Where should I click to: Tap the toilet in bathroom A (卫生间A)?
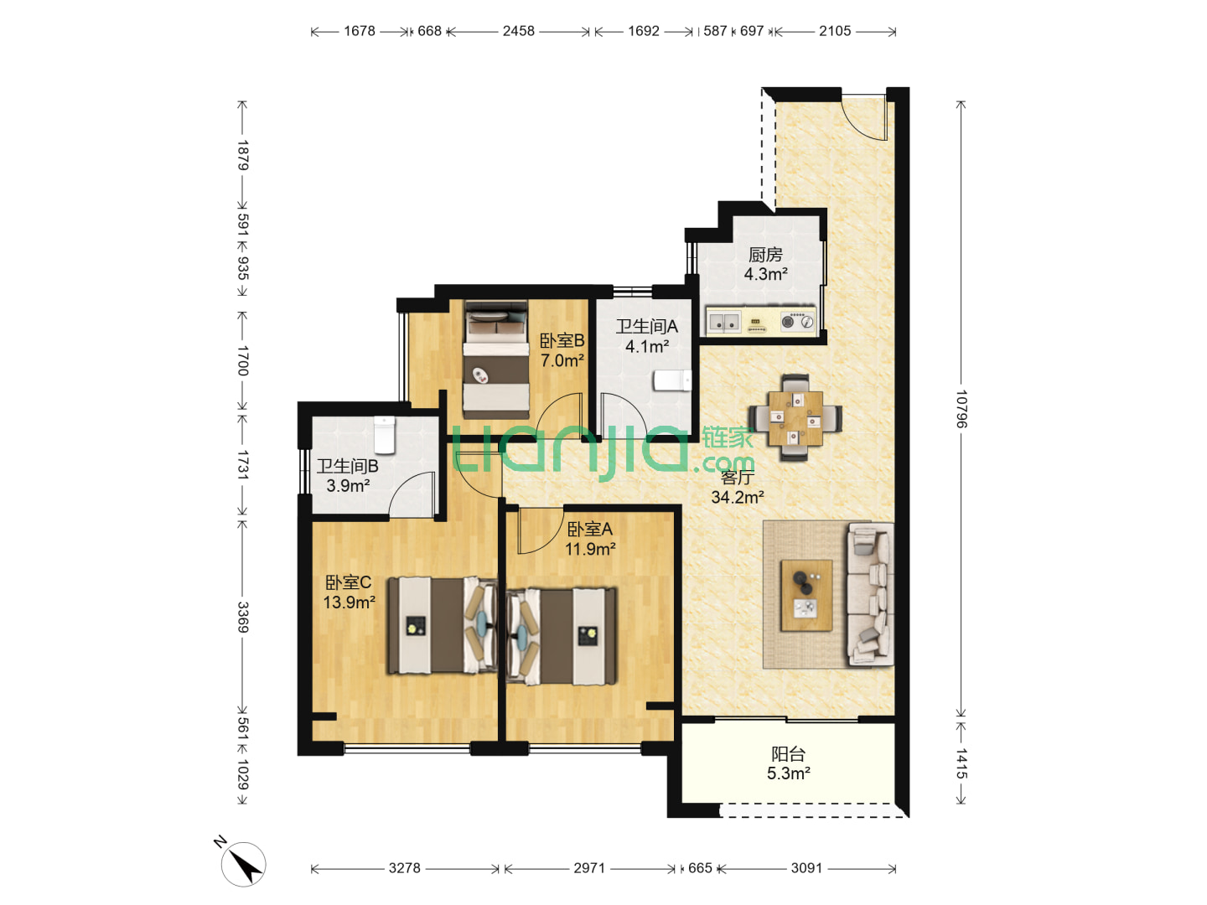(x=672, y=380)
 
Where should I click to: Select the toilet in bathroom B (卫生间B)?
(x=385, y=435)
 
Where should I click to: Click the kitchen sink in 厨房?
(x=723, y=322)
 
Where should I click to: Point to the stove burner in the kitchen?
(x=797, y=321)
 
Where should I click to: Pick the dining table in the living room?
(x=795, y=417)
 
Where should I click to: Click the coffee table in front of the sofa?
(x=806, y=595)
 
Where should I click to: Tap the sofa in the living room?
(x=870, y=594)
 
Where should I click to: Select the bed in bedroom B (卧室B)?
(x=496, y=360)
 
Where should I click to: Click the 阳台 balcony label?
(x=788, y=753)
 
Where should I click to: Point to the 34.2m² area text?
(x=737, y=497)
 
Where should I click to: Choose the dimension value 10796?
(x=961, y=410)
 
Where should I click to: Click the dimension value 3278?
(x=404, y=868)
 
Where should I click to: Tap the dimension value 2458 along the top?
(x=518, y=31)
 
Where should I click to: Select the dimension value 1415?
(x=961, y=763)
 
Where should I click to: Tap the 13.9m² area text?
(x=349, y=602)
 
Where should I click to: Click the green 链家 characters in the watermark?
(x=728, y=438)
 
